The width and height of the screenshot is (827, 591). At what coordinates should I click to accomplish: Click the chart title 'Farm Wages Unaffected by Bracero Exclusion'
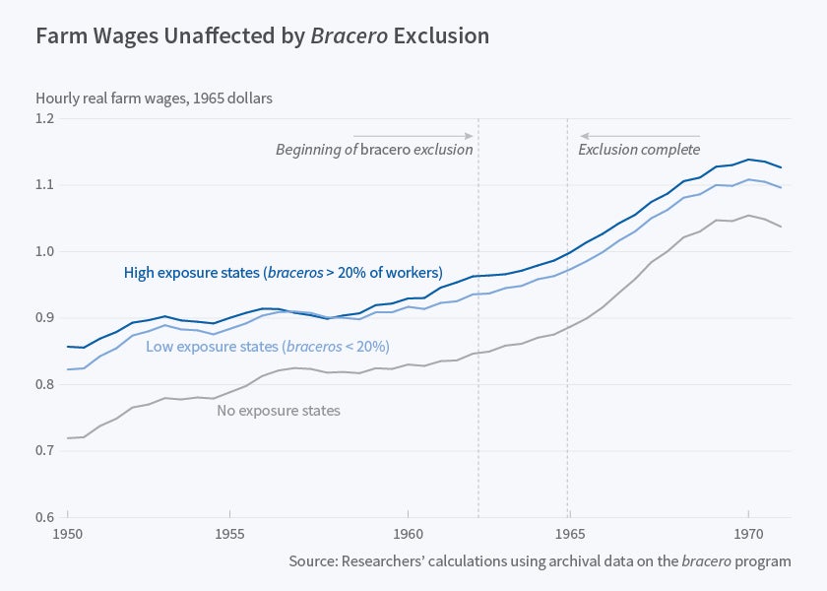[x=262, y=36]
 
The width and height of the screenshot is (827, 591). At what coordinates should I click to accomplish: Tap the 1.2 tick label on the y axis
[x=46, y=119]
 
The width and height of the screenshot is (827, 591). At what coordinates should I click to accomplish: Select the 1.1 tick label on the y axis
[x=46, y=185]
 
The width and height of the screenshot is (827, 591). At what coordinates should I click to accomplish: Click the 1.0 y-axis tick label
[x=46, y=252]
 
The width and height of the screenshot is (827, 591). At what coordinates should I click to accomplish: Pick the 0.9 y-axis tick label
[x=46, y=318]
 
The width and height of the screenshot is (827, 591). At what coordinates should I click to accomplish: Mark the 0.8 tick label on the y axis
[x=46, y=384]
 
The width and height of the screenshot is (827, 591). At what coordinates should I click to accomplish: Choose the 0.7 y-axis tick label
[x=46, y=451]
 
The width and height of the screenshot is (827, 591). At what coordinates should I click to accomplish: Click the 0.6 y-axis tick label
[x=46, y=517]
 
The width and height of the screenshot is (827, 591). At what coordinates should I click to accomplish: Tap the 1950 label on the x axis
[x=68, y=532]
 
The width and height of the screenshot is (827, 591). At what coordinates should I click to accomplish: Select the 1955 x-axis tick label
[x=229, y=532]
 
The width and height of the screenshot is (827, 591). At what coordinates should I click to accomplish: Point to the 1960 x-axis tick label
[x=408, y=532]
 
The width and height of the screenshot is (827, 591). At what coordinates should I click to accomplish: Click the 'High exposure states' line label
[x=284, y=273]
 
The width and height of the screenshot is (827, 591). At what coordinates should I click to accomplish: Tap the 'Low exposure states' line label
[x=268, y=347]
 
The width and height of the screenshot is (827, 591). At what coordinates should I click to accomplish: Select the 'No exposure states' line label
[x=279, y=410]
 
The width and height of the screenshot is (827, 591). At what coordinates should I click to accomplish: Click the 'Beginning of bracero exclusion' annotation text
[x=374, y=150]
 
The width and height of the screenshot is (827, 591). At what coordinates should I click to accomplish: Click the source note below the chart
[x=540, y=561]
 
